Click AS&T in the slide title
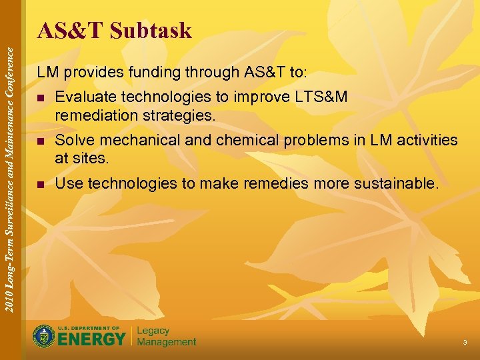[x=71, y=31]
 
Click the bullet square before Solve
[x=41, y=141]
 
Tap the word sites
[x=91, y=158]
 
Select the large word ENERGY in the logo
[x=91, y=339]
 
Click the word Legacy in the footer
[x=153, y=331]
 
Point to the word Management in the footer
[x=167, y=342]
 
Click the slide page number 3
[x=465, y=343]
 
